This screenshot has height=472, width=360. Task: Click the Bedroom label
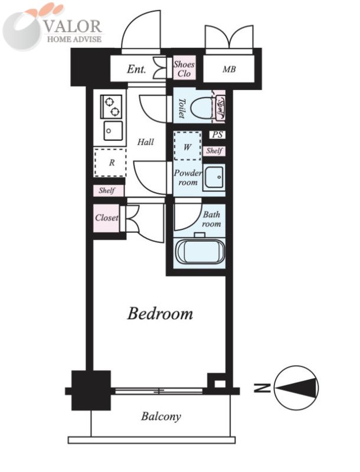(160, 313)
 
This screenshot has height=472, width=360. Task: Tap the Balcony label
(161, 417)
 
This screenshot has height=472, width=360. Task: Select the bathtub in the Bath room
(199, 252)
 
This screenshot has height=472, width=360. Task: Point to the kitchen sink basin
(113, 130)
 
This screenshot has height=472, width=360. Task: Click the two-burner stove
(111, 107)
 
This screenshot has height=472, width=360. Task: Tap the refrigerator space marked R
(110, 163)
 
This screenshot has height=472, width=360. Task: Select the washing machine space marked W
(188, 146)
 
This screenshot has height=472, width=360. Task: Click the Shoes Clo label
(184, 68)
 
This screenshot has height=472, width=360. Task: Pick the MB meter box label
(229, 70)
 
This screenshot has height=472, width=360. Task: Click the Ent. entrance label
(136, 70)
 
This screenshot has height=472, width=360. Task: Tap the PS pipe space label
(217, 135)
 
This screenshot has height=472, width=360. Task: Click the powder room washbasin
(214, 178)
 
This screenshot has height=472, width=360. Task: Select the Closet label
(107, 217)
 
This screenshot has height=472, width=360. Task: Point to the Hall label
(146, 142)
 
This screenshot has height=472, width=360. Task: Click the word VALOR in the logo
(73, 26)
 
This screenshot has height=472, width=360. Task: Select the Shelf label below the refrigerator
(107, 191)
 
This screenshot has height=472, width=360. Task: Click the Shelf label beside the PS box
(214, 150)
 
